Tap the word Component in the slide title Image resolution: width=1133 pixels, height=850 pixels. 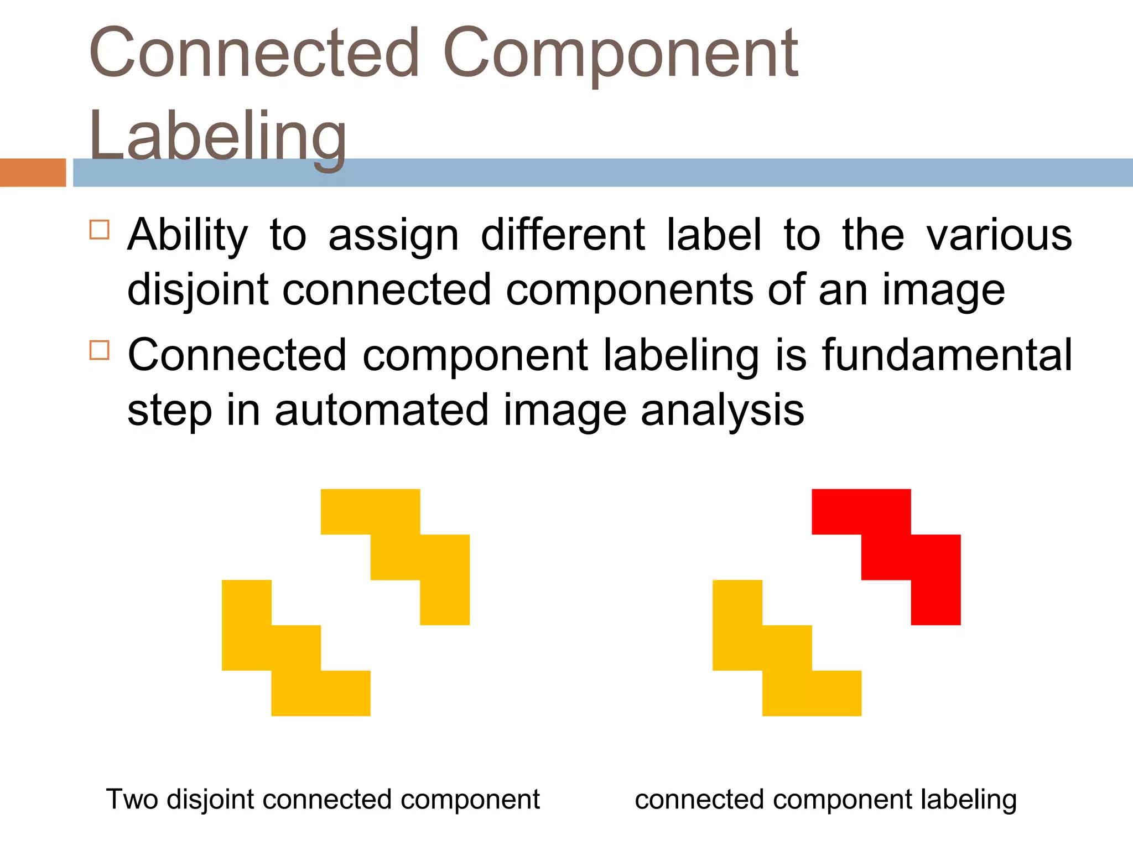[620, 54]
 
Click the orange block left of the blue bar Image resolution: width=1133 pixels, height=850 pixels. [33, 173]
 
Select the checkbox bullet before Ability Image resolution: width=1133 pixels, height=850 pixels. [100, 229]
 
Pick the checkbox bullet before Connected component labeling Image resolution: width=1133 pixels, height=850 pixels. [100, 350]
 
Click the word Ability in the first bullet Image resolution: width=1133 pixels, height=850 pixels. [188, 235]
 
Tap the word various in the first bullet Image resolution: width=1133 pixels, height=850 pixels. [999, 235]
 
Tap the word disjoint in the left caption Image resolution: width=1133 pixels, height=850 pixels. [211, 800]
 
